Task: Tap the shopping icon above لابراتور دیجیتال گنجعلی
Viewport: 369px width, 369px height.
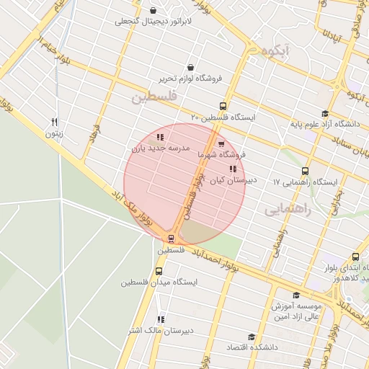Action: (x=154, y=9)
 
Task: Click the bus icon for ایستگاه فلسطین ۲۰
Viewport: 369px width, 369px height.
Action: (x=223, y=105)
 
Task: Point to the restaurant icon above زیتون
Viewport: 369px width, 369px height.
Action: (x=54, y=123)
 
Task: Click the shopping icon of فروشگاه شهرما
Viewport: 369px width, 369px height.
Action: (x=221, y=143)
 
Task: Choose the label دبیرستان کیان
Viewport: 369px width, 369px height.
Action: (x=231, y=182)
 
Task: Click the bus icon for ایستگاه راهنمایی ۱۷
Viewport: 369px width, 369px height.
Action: (x=306, y=172)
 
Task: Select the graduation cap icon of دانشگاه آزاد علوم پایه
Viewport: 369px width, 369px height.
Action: (x=325, y=114)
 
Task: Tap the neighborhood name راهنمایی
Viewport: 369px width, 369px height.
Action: (x=286, y=209)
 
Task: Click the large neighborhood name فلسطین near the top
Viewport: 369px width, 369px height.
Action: (x=154, y=97)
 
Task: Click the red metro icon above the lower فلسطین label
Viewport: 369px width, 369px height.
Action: (x=171, y=238)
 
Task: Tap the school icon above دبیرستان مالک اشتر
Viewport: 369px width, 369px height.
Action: (x=161, y=319)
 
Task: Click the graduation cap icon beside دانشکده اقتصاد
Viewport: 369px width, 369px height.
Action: (x=252, y=337)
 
